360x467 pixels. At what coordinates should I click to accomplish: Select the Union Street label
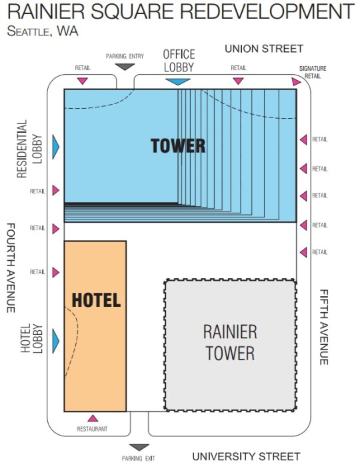click(263, 49)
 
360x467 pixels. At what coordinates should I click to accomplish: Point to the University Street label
click(246, 456)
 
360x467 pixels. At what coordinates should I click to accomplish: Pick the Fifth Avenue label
click(324, 326)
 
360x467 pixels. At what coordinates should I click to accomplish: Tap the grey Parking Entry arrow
click(125, 67)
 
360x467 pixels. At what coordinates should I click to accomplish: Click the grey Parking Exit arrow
click(139, 448)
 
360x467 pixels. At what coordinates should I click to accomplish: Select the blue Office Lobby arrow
click(177, 81)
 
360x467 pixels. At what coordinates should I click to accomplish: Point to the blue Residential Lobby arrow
click(56, 145)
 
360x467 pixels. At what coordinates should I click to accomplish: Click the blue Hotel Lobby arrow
click(56, 341)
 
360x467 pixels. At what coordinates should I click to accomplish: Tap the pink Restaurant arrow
click(93, 418)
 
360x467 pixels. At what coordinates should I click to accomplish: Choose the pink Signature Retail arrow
click(296, 81)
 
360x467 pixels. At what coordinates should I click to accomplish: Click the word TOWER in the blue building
click(178, 145)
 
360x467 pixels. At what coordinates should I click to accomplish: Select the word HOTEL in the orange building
click(96, 300)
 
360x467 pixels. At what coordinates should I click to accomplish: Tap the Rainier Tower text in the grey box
click(230, 342)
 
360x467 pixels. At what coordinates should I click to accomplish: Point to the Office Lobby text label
click(179, 61)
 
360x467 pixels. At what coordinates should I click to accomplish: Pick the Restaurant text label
click(92, 429)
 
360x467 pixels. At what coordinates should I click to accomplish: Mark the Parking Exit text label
click(139, 458)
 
